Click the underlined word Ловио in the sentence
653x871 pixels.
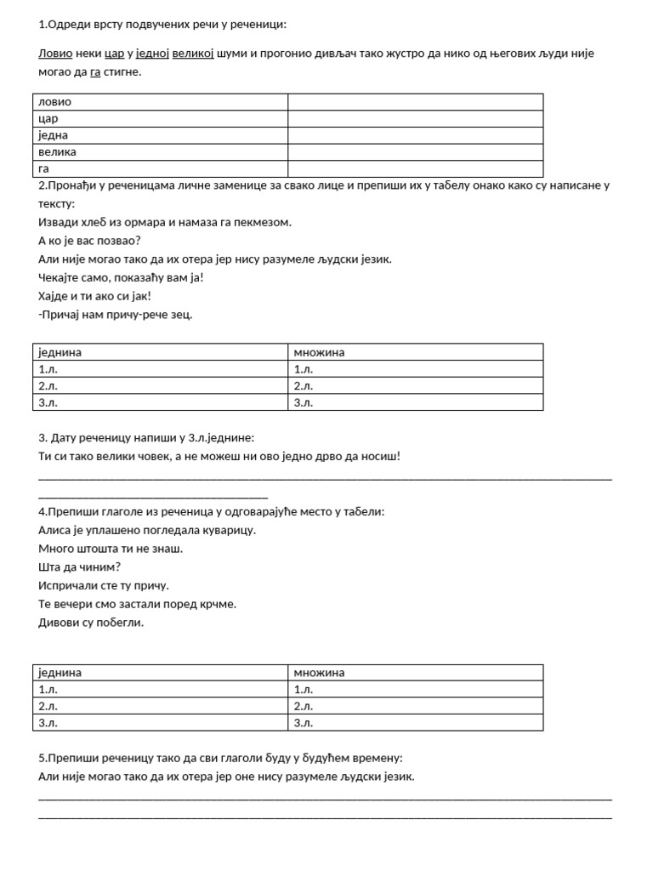coord(55,54)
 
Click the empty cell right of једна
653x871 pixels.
coord(415,135)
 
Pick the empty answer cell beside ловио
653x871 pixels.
coord(415,102)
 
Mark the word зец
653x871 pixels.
coord(181,315)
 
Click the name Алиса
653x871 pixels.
coord(55,530)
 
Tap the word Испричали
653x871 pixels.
coord(71,585)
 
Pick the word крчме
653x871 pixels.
coord(219,604)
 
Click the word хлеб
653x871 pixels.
coord(97,222)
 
